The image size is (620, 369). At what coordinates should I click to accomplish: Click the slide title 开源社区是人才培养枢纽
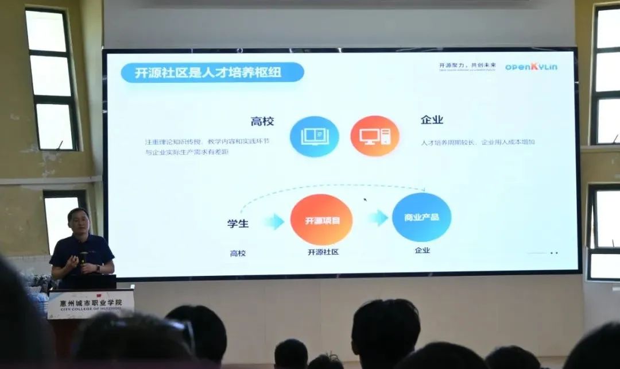point(211,73)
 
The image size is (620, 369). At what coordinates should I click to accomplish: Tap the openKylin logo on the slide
point(531,67)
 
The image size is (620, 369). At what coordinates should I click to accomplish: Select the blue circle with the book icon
point(314,136)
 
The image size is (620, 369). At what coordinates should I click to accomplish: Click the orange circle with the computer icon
point(374,136)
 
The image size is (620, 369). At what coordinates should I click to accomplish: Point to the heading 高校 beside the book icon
point(262,121)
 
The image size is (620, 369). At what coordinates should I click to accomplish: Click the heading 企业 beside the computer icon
point(432,120)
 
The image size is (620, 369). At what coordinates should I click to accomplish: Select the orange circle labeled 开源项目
point(321,220)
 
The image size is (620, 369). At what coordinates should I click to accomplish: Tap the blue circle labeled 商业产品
point(421,217)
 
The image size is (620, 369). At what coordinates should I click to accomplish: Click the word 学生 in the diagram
point(238,223)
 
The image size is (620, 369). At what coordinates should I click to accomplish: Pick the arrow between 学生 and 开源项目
point(274,221)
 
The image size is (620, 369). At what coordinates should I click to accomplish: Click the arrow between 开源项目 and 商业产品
point(378,218)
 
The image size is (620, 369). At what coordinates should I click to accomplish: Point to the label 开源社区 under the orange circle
point(323,252)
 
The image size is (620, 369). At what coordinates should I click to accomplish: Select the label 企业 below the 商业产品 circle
point(422,250)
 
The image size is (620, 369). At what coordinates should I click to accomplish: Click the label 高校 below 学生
point(238,253)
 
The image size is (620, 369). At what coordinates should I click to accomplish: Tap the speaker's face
point(79,222)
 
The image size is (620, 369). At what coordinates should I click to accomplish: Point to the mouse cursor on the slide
point(365,200)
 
